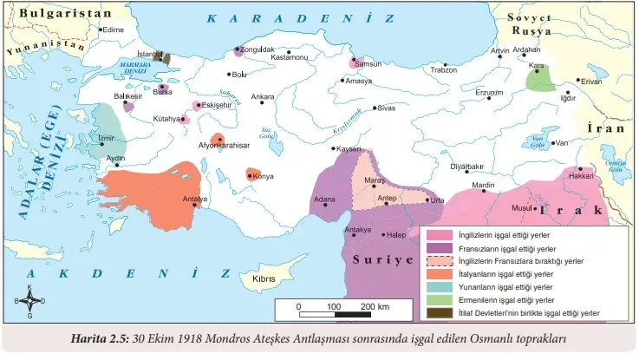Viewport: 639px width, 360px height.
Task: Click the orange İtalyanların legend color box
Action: click(x=440, y=273)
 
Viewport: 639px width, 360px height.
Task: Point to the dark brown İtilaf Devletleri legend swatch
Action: click(x=440, y=312)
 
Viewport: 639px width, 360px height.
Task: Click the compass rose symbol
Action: click(x=30, y=301)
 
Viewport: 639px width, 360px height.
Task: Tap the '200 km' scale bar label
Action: click(x=374, y=306)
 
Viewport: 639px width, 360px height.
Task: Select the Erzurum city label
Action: click(x=488, y=92)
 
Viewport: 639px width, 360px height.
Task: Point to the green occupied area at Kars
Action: click(x=542, y=78)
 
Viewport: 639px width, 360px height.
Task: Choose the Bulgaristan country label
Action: click(x=54, y=14)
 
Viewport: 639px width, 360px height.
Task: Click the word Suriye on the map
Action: click(x=381, y=259)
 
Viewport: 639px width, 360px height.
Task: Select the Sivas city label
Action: click(x=386, y=108)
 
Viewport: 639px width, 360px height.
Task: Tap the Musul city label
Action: click(x=521, y=208)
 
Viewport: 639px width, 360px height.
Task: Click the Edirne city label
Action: click(x=114, y=29)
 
